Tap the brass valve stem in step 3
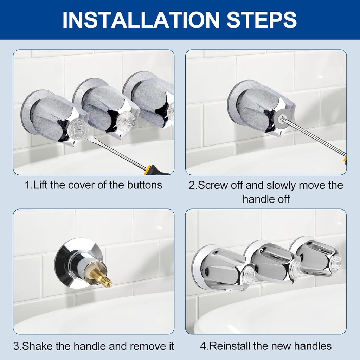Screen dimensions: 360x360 point(103,278)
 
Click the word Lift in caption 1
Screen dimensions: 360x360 point(41,185)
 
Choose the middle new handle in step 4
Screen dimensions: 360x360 point(272,262)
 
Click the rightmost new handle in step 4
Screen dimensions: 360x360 point(316,257)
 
